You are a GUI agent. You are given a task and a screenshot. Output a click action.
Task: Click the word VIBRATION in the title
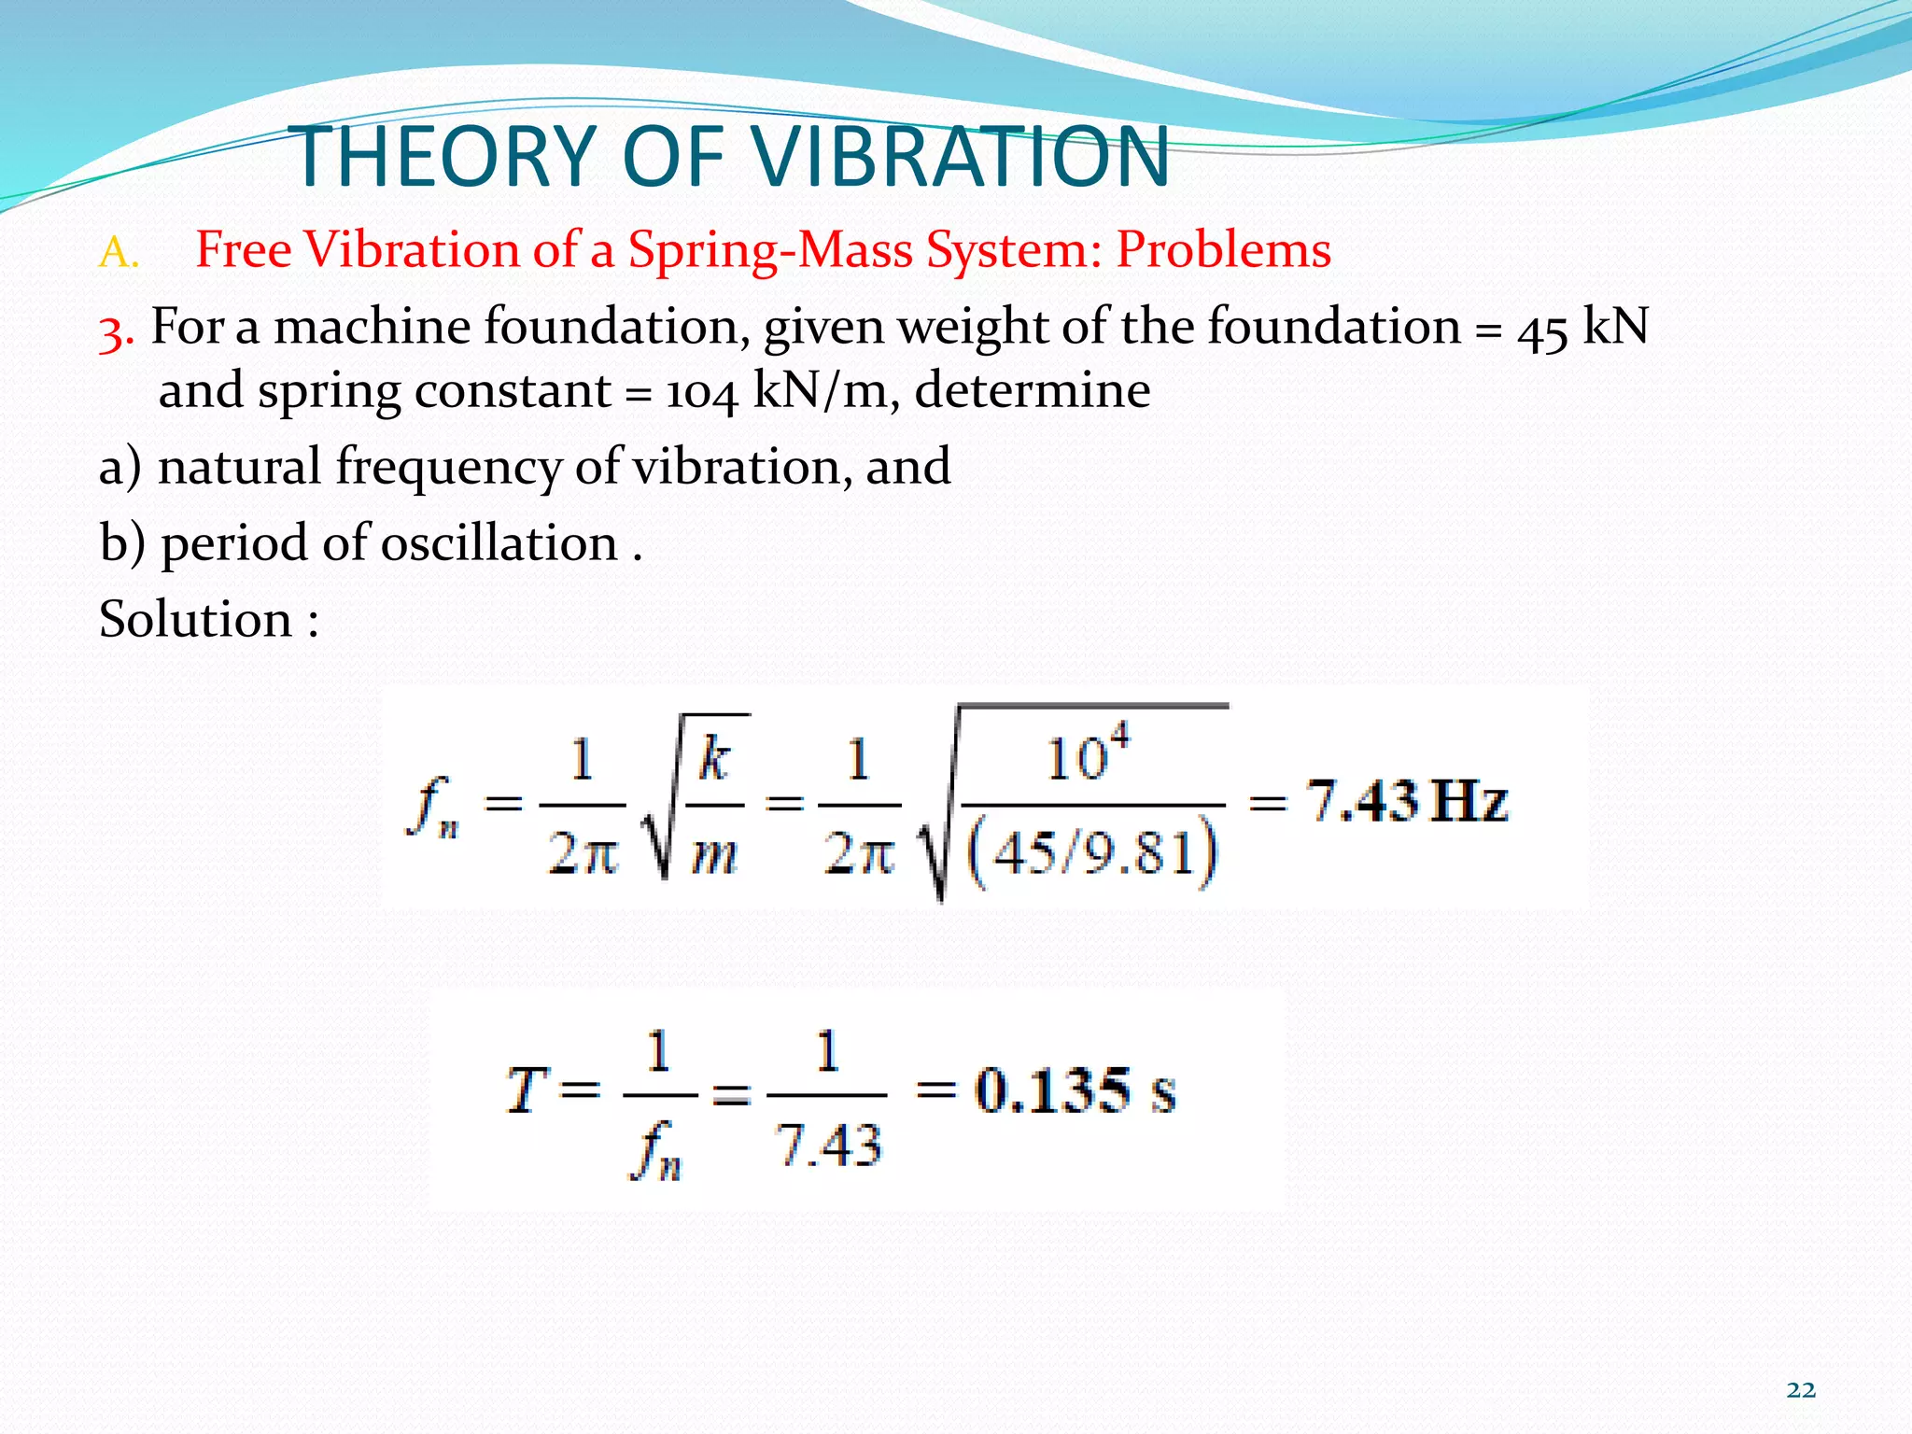tap(962, 156)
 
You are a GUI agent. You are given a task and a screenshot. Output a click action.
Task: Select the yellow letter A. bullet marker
tap(119, 253)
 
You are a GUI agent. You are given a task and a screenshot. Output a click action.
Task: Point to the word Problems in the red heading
tap(1224, 250)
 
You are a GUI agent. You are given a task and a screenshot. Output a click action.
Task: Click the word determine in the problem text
tap(1032, 390)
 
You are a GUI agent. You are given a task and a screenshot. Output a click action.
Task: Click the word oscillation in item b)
tap(499, 543)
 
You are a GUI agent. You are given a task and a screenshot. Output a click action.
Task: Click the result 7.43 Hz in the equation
tap(1406, 801)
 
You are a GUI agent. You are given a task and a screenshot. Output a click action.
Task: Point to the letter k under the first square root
tap(714, 758)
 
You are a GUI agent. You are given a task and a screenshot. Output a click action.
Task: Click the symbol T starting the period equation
tap(525, 1090)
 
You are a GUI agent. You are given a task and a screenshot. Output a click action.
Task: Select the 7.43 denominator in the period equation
tap(828, 1146)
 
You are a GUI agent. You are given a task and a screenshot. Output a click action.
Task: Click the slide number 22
tap(1801, 1390)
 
